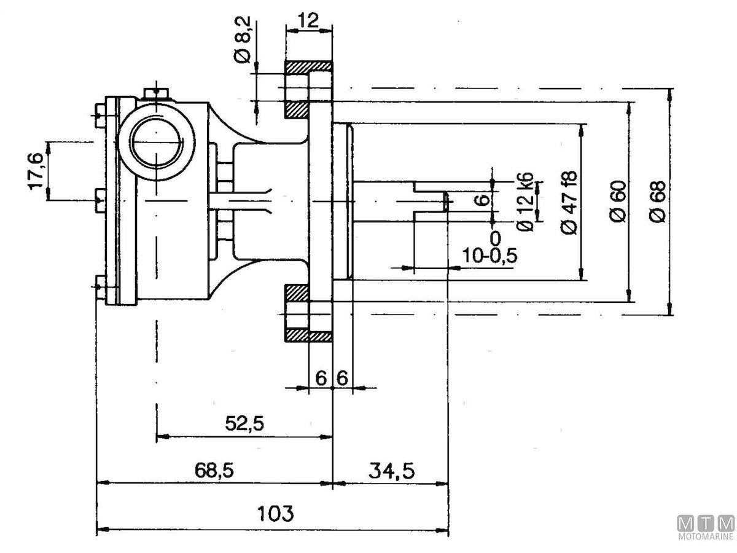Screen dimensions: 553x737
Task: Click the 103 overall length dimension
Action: tap(276, 513)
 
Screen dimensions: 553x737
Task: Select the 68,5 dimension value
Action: tap(215, 471)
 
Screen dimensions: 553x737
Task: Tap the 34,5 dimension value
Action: tap(391, 471)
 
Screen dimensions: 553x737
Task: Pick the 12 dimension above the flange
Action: tap(308, 20)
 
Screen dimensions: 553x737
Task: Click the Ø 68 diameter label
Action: tap(657, 203)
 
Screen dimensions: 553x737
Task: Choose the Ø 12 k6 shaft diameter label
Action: tap(525, 202)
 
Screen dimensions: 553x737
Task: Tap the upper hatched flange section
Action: tap(308, 66)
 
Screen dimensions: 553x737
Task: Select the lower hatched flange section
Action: tap(308, 335)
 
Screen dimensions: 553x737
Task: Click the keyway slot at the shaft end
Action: tap(430, 200)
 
